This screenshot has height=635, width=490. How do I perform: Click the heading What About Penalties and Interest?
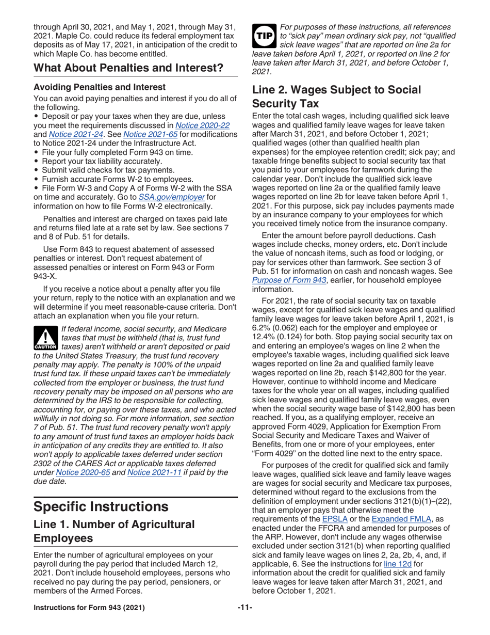pyautogui.click(x=128, y=68)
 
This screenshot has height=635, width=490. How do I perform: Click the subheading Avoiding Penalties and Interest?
pyautogui.click(x=100, y=87)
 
